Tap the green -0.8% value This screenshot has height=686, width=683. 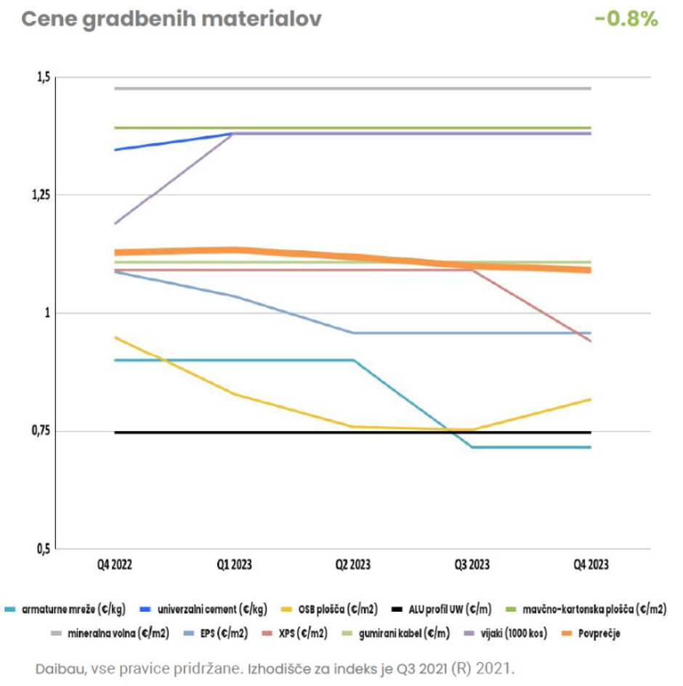pos(626,19)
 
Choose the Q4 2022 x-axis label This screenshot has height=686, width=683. pos(114,565)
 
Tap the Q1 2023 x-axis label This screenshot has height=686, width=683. pos(234,565)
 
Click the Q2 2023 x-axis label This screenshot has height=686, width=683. pos(353,565)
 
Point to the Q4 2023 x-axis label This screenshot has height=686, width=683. pos(591,565)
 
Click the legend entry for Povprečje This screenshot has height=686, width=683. pos(592,634)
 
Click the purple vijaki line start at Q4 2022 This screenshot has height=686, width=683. pos(115,224)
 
